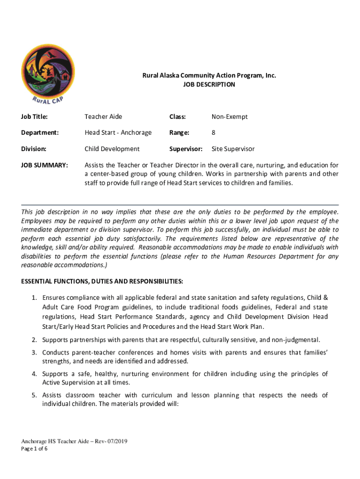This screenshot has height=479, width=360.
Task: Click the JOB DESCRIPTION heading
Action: (209, 85)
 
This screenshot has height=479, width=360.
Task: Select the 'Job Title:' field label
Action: (34, 116)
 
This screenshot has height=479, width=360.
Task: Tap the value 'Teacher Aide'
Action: (103, 116)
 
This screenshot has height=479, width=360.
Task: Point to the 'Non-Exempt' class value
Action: (230, 116)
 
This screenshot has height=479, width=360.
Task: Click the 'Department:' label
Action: (40, 132)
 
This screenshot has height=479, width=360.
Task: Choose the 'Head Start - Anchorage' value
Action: (118, 132)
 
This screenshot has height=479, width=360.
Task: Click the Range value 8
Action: (214, 132)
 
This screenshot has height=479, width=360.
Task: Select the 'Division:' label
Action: (34, 149)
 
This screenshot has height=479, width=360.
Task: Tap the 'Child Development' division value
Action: (112, 149)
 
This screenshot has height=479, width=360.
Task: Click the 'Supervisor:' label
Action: (186, 149)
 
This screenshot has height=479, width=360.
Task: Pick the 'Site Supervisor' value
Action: (233, 149)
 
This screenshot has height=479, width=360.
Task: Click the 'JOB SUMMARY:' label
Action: (45, 165)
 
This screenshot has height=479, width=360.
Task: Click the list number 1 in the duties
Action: (35, 298)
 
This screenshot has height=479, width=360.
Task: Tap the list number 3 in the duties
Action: (35, 352)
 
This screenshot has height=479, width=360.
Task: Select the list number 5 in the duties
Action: (35, 395)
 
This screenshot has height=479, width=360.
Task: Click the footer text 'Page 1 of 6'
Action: (34, 449)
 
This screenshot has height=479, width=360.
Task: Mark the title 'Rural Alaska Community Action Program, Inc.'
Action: (209, 75)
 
